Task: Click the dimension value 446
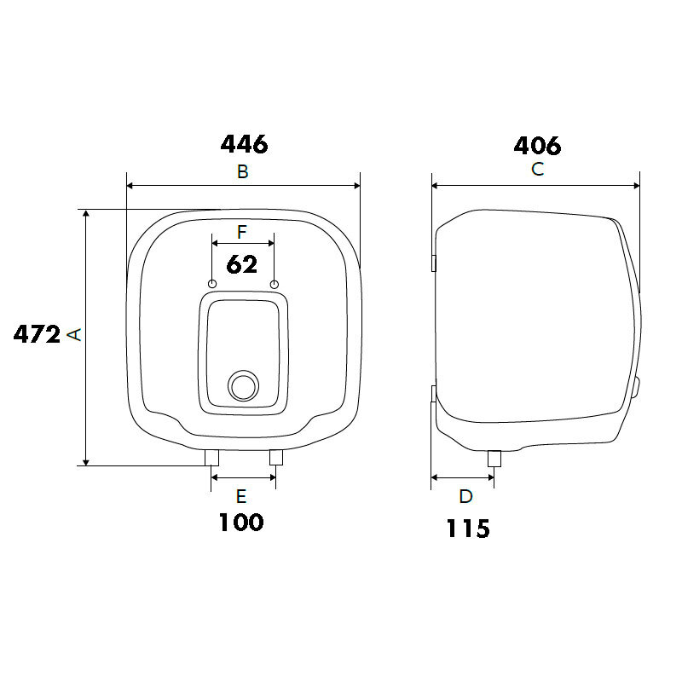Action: (244, 144)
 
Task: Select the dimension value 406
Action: (537, 146)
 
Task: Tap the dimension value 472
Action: (37, 334)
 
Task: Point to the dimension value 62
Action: (242, 264)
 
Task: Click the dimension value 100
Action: (241, 523)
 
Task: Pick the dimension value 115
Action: (468, 529)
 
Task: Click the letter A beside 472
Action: (74, 334)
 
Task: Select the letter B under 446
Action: (243, 172)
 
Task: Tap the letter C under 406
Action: (538, 169)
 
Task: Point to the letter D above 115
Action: (465, 496)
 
